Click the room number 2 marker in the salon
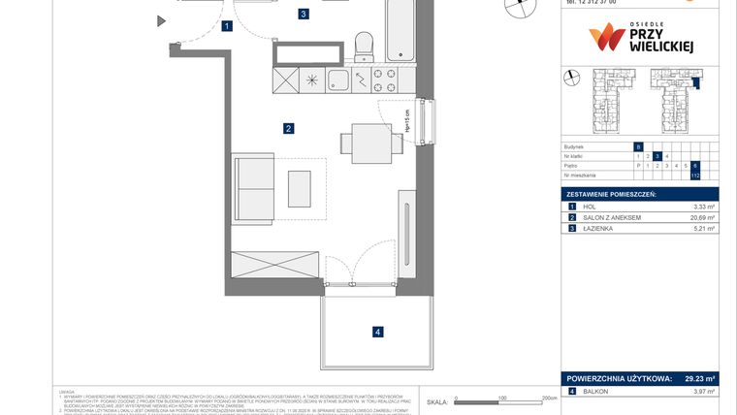point(288,128)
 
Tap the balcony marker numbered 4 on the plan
point(378,333)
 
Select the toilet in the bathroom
point(365,45)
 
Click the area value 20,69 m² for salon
point(702,217)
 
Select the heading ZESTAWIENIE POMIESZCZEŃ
point(613,195)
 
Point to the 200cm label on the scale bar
point(549,398)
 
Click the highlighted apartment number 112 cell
point(695,176)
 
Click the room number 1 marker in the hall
point(226,27)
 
